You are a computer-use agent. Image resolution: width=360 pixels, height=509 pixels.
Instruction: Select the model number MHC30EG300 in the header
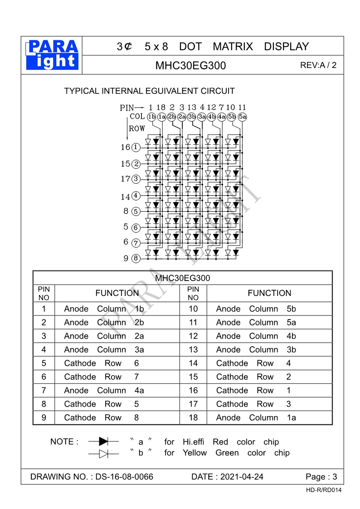point(190,66)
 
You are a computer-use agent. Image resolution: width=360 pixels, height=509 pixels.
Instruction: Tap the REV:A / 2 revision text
point(318,65)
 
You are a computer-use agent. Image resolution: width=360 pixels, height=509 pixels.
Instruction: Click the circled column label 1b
point(151,117)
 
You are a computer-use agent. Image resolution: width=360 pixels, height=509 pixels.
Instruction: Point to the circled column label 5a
point(242,117)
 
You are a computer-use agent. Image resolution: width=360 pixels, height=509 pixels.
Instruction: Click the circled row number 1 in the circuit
point(136,147)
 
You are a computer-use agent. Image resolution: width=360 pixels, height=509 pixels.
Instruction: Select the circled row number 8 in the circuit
point(136,259)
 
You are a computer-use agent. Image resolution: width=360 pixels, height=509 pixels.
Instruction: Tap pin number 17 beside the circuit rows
point(125,179)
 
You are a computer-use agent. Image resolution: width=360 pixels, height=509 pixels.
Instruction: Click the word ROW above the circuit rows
point(137,129)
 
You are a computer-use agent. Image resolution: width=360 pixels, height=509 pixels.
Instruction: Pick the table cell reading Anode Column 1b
point(104,309)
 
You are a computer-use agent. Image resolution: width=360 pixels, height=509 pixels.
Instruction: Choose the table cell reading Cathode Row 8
point(102,418)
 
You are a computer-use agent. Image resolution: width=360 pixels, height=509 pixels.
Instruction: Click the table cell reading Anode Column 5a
point(256,323)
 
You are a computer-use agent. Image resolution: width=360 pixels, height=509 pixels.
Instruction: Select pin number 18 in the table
point(193,418)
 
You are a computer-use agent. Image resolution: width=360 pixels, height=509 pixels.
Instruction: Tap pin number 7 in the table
point(44,391)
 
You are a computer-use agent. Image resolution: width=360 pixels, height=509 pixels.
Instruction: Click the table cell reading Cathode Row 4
point(253,364)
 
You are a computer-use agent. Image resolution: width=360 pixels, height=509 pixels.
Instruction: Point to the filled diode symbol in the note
point(103,441)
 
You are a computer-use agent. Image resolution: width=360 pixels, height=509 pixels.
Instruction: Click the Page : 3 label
point(321,477)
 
